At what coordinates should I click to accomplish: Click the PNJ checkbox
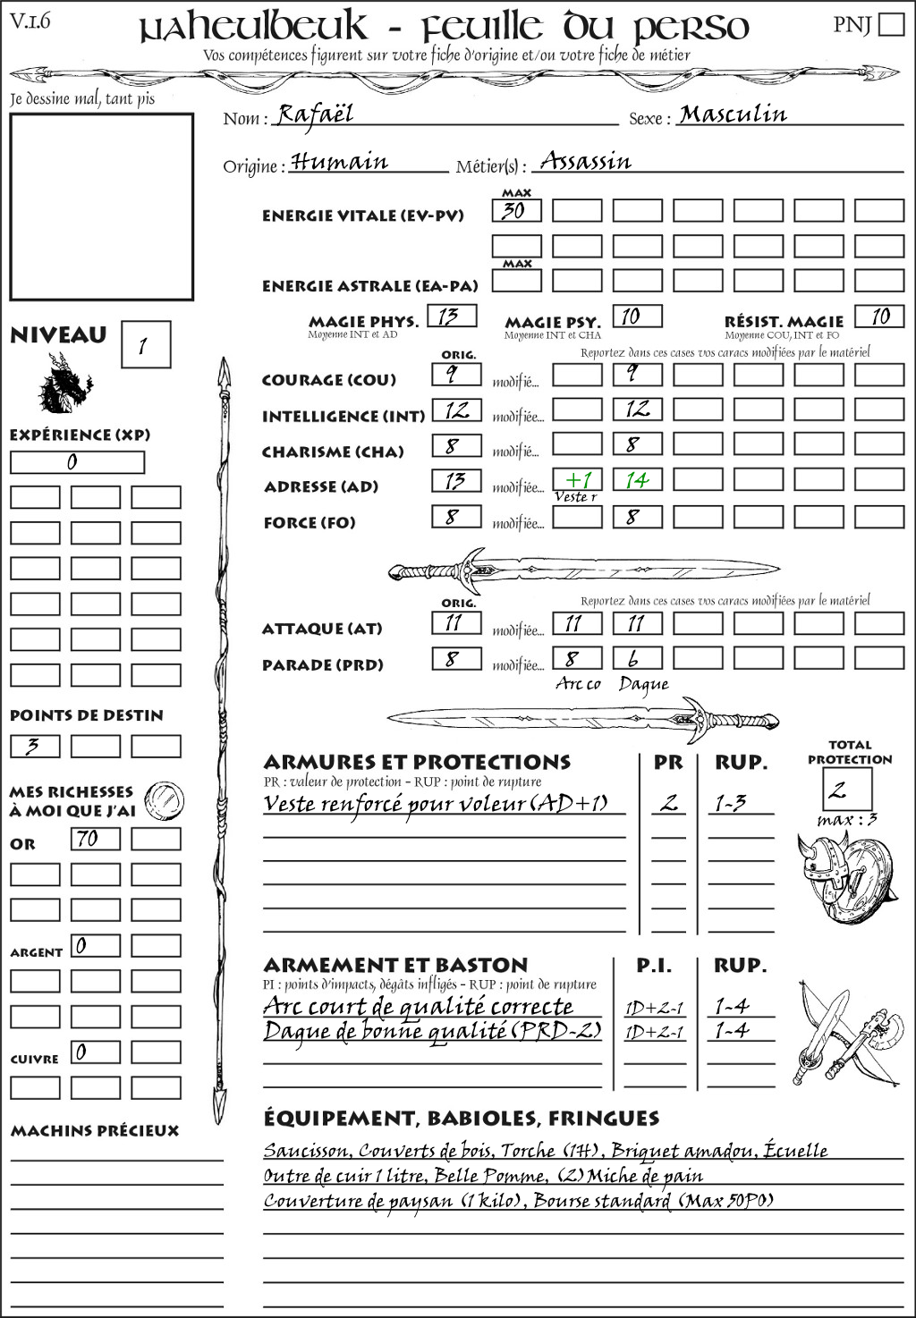coord(891,24)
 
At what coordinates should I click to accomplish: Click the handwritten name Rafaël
coord(315,114)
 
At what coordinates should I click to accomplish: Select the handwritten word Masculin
coord(733,114)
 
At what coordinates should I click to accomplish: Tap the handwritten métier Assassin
coord(586,161)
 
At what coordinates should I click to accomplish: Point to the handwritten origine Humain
coord(340,162)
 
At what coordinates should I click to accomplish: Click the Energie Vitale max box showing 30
coord(516,211)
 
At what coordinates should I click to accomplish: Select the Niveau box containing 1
coord(145,345)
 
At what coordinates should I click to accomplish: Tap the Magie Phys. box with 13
coord(452,317)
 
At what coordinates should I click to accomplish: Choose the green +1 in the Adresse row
coord(577,479)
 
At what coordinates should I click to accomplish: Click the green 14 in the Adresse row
coord(637,479)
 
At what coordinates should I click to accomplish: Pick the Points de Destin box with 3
coord(35,746)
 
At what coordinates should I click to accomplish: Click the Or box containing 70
coord(95,839)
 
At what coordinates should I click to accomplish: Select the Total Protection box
coord(847,789)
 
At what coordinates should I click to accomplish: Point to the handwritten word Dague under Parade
coord(643,685)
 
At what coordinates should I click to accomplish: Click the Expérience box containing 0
coord(77,462)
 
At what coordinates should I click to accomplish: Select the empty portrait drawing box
coord(101,207)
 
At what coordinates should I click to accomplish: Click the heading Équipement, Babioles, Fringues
coord(461,1119)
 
